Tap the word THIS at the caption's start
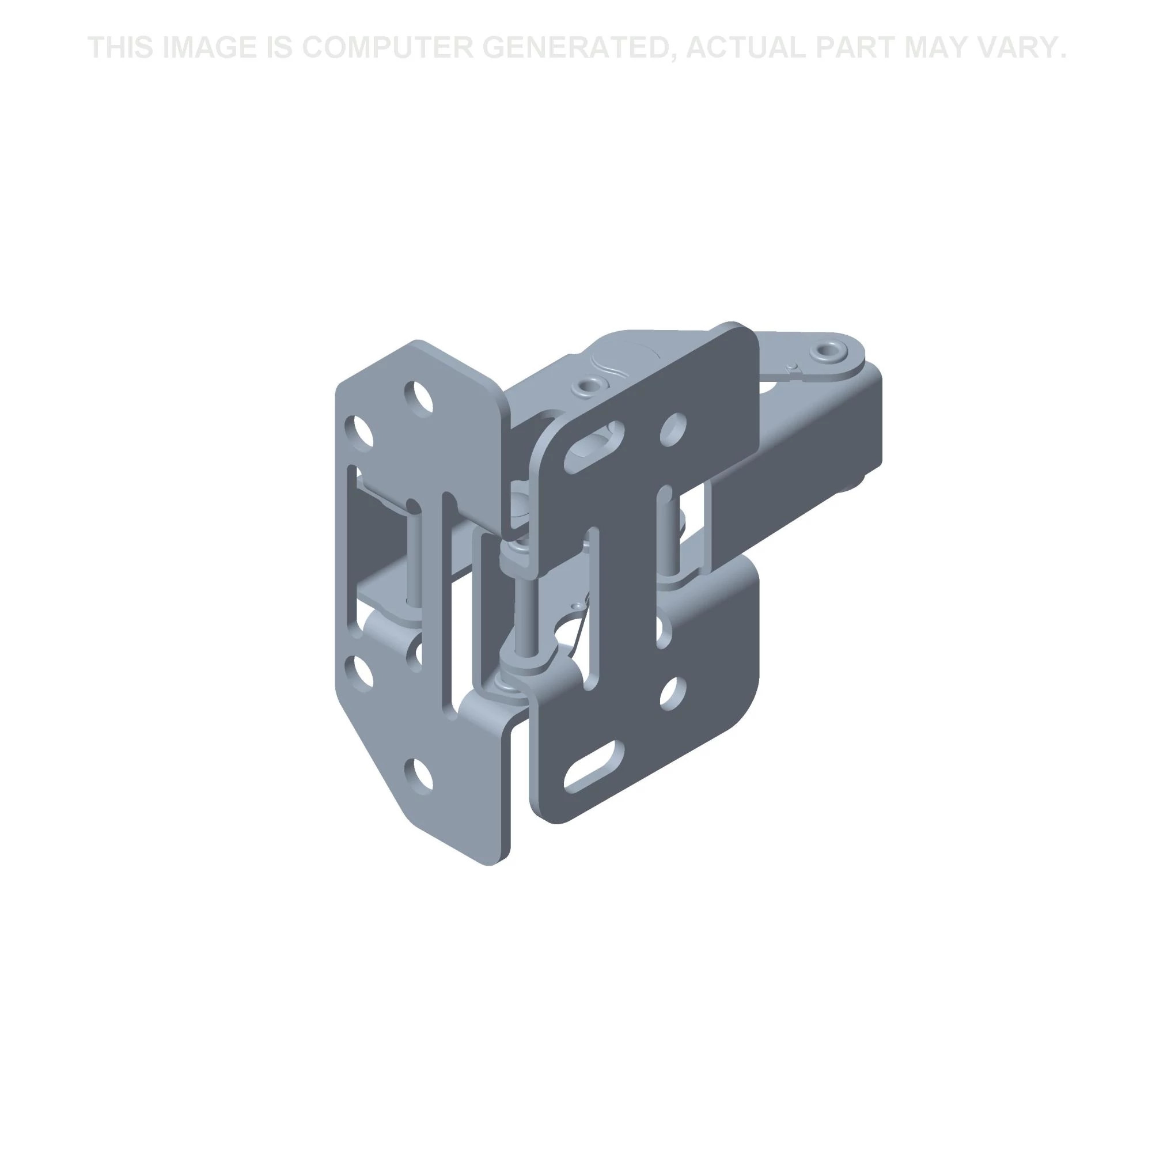tap(118, 48)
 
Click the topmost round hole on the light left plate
tap(419, 396)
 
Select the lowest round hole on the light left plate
tap(419, 775)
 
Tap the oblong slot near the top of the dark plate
tap(593, 448)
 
